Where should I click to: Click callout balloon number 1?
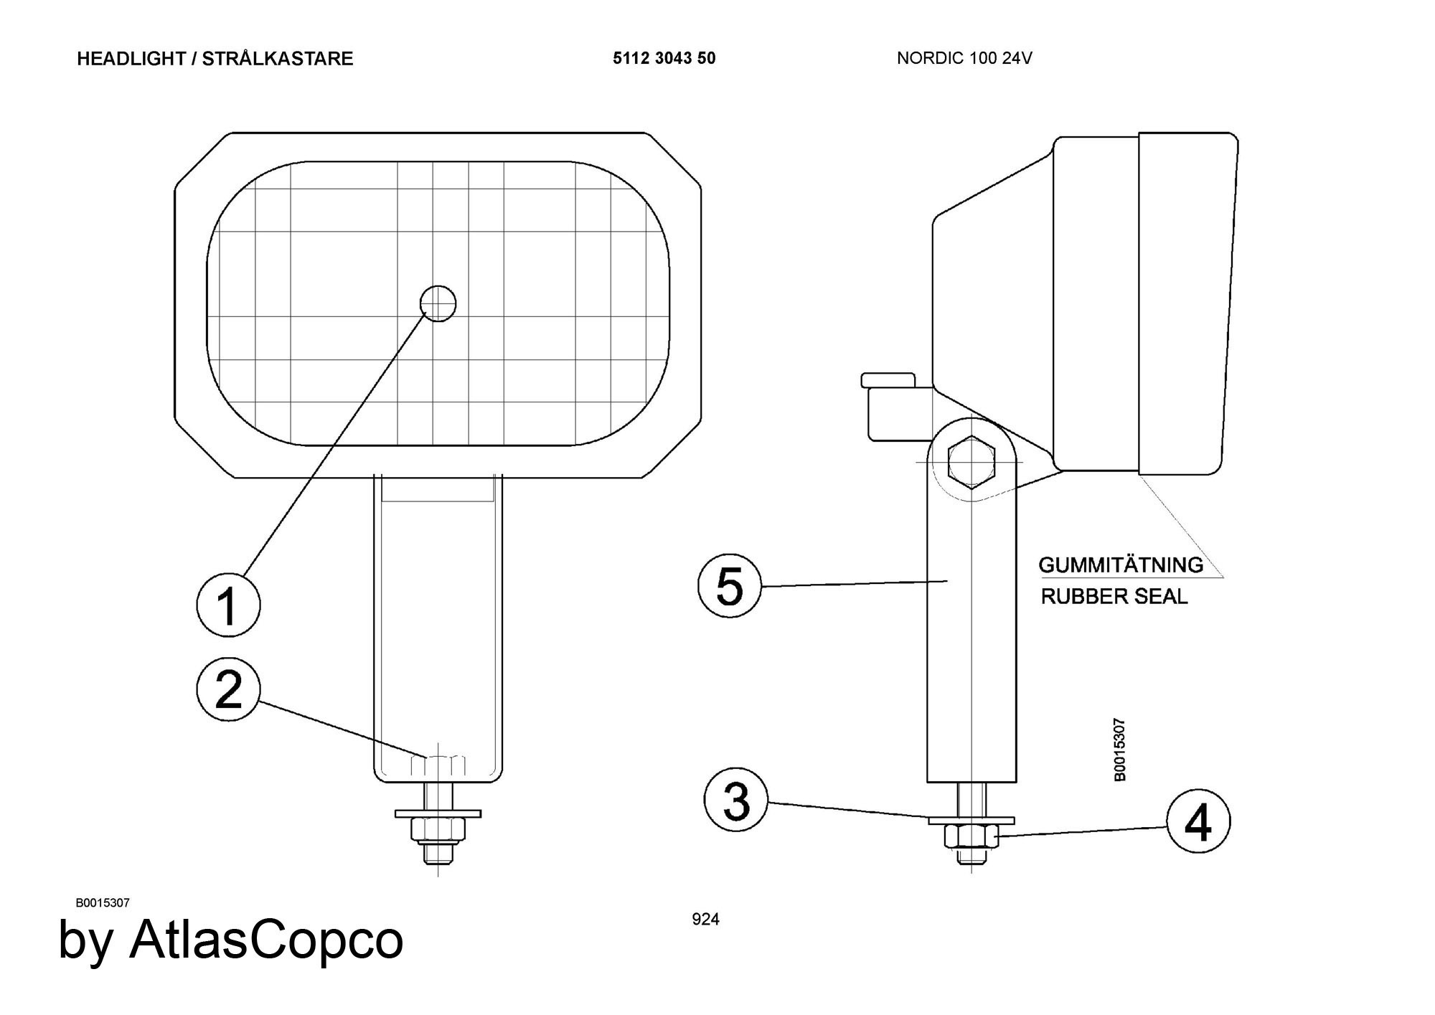[228, 605]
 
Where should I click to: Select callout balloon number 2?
[228, 689]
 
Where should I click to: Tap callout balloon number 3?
[736, 801]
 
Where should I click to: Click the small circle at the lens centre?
[438, 303]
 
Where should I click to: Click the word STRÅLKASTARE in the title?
[278, 59]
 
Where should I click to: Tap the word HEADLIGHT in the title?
[131, 59]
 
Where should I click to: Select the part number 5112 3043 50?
[664, 58]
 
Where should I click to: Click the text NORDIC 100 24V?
[964, 58]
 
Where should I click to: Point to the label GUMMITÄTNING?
[1121, 565]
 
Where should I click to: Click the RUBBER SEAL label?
[1114, 596]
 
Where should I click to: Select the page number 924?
[705, 919]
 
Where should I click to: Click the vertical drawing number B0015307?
[1119, 750]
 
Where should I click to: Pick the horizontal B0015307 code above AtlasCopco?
[103, 903]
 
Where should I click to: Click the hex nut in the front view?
[438, 830]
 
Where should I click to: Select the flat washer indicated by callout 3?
[971, 820]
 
